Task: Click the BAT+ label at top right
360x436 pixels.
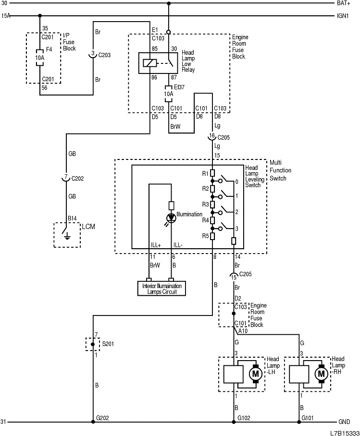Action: click(x=344, y=3)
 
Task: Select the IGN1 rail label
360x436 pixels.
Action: click(x=344, y=16)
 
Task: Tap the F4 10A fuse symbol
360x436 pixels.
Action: click(x=39, y=56)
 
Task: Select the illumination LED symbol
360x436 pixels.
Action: click(x=171, y=218)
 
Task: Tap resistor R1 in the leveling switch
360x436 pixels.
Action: click(x=212, y=173)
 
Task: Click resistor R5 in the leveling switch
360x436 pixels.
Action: click(x=212, y=236)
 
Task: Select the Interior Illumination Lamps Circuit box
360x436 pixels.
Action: click(x=161, y=289)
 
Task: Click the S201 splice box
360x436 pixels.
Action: click(x=93, y=344)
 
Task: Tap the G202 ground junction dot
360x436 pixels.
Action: click(x=93, y=422)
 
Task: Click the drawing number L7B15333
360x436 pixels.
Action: click(x=344, y=432)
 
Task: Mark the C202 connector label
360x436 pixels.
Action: click(x=77, y=178)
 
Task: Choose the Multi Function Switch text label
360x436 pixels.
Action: click(x=280, y=170)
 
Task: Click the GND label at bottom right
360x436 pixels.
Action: click(x=344, y=422)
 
